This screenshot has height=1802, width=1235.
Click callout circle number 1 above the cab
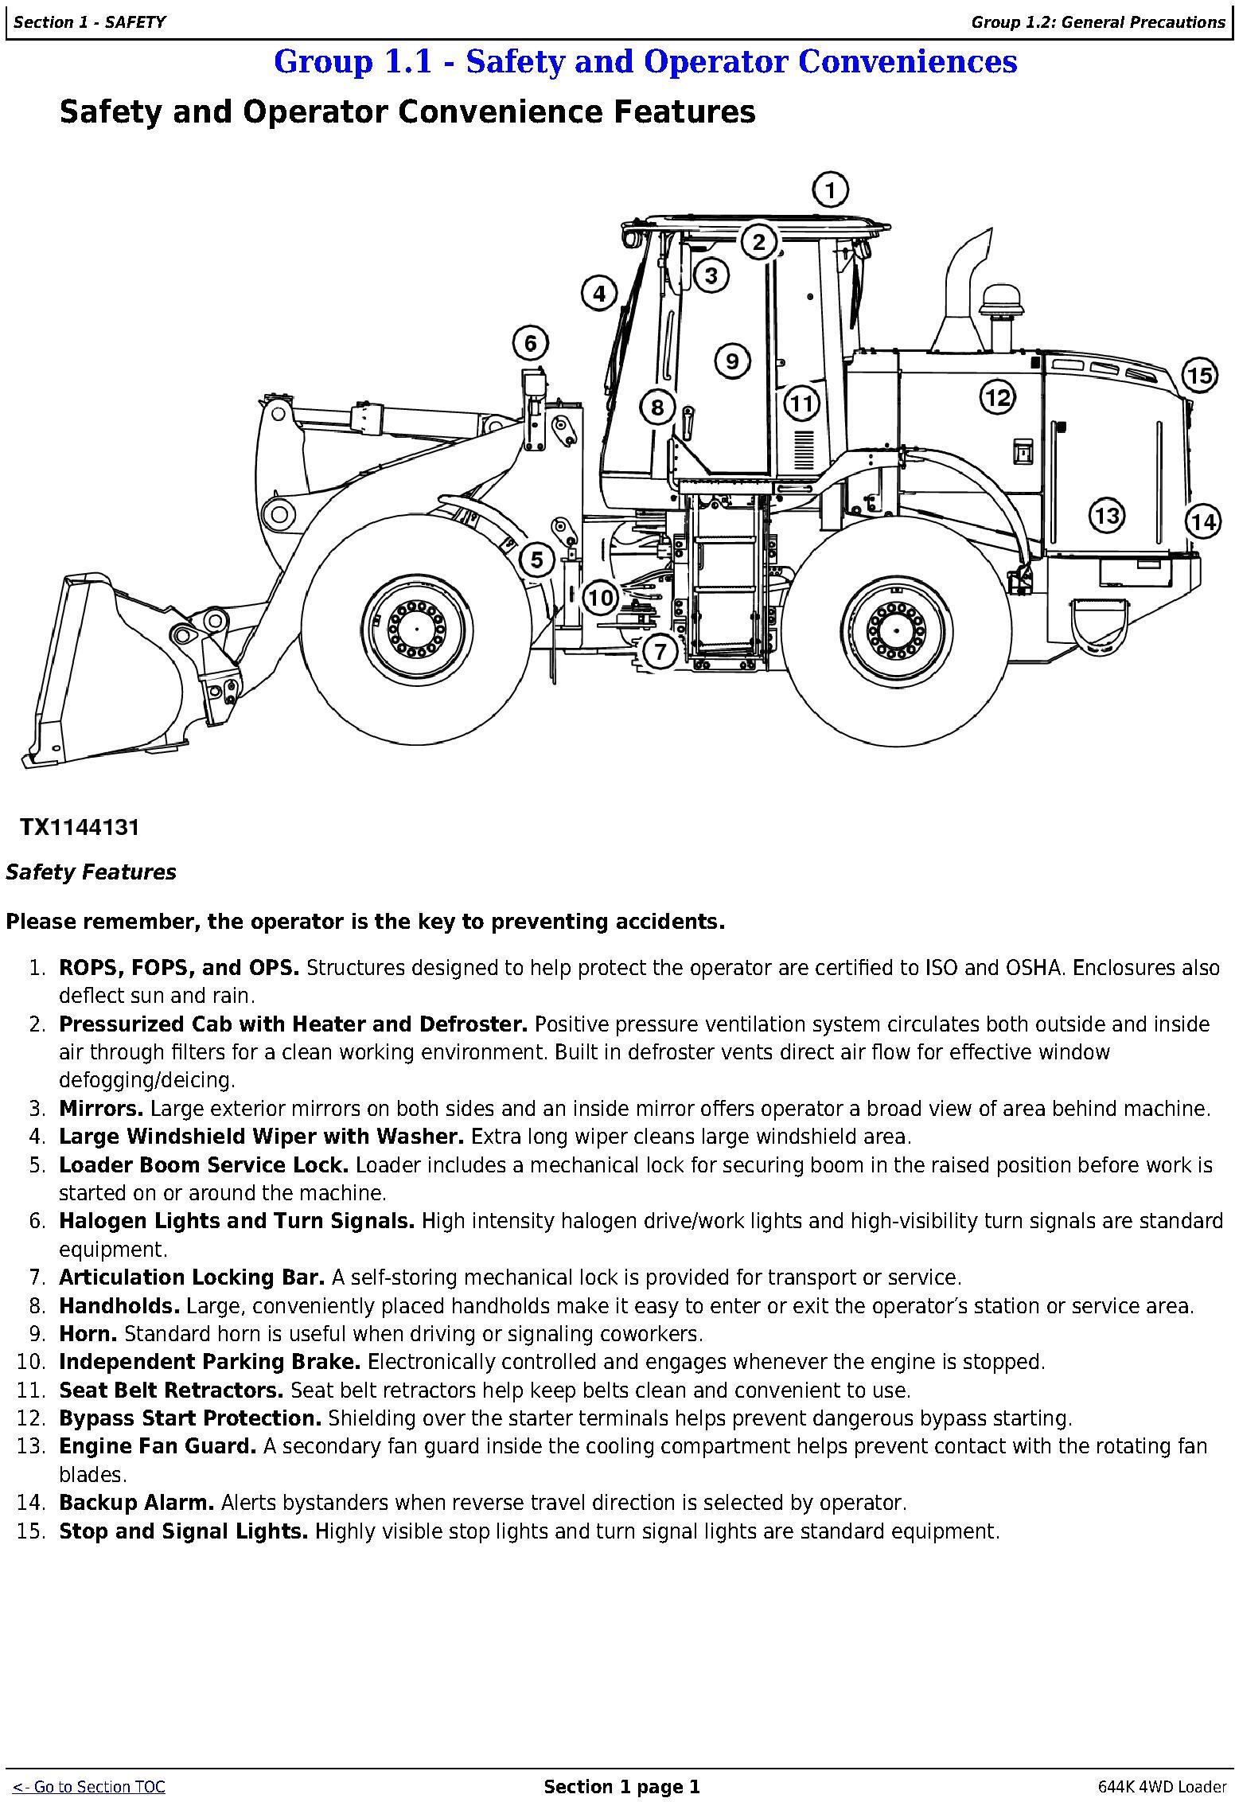click(830, 190)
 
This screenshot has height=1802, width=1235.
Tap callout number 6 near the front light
click(531, 344)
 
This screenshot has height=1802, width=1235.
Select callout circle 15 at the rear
click(1200, 375)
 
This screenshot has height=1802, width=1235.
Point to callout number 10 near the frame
click(601, 597)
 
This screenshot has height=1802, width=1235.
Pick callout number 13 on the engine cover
click(1107, 515)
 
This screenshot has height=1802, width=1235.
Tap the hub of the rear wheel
click(896, 627)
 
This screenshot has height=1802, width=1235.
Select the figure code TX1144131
click(80, 828)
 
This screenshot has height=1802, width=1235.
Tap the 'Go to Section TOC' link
click(89, 1787)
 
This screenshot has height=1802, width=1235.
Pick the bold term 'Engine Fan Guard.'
click(158, 1446)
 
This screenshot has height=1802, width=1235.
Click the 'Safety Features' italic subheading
click(91, 872)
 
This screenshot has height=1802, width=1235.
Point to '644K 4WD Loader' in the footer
click(1162, 1787)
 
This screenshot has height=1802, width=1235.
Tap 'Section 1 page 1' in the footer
click(621, 1787)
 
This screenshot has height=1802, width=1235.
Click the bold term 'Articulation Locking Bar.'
click(192, 1277)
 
